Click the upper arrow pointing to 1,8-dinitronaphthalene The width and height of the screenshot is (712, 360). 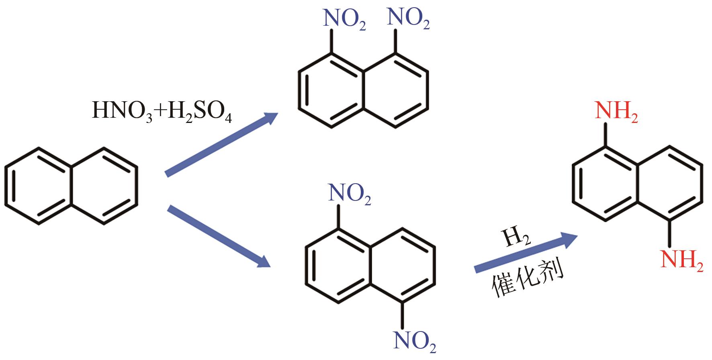221,145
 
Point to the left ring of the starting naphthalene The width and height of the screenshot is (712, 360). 39,186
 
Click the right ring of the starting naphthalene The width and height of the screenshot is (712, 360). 104,186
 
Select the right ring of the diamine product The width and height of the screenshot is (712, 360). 670,184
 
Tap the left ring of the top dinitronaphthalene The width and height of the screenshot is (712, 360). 331,91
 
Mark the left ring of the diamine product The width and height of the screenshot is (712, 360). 605,184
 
